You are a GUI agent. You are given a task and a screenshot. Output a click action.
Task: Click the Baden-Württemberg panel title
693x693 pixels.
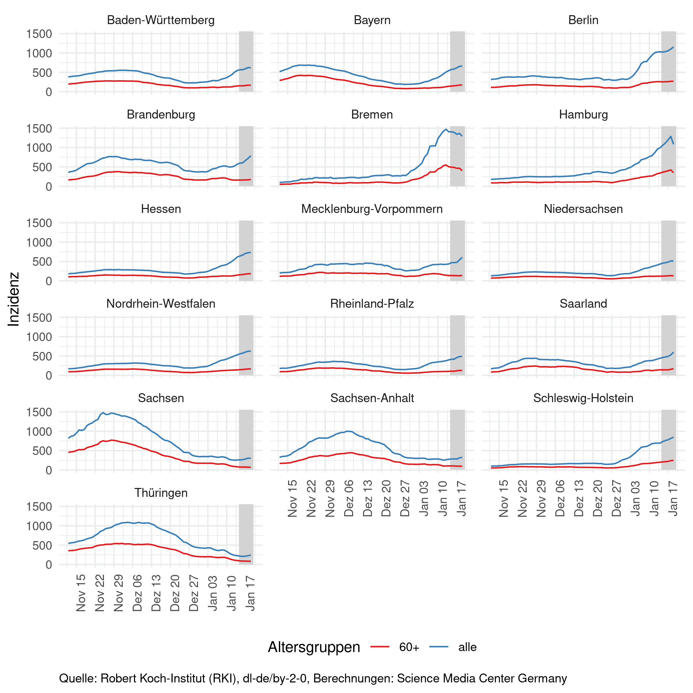point(161,20)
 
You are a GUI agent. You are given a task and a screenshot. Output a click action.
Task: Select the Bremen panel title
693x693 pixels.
point(372,115)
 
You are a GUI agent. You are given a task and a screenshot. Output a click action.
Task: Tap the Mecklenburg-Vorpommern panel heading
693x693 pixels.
point(372,209)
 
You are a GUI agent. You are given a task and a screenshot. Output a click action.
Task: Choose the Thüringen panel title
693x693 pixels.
point(161,493)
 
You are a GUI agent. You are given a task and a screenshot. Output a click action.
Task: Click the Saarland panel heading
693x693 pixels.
point(583,304)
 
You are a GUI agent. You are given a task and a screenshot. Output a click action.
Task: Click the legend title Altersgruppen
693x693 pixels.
point(314,647)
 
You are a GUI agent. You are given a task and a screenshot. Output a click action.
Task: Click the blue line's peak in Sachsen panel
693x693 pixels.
point(103,412)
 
